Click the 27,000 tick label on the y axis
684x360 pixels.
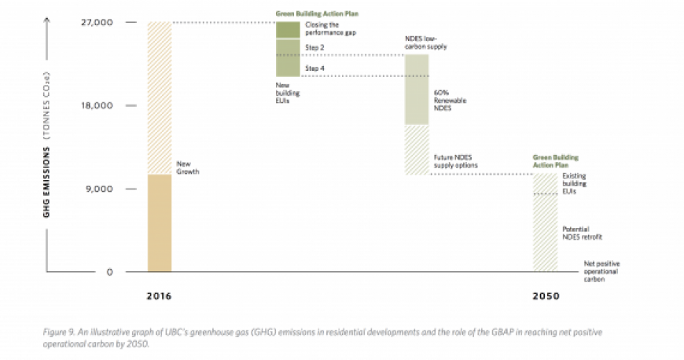click(98, 22)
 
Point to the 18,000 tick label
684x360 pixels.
click(98, 105)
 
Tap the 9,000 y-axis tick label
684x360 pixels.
click(101, 189)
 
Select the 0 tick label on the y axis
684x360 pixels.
click(109, 272)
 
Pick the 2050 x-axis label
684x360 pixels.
click(545, 297)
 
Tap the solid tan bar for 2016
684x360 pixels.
click(160, 223)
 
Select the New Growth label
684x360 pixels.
click(186, 167)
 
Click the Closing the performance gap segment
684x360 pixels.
click(288, 30)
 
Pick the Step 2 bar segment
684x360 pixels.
click(288, 47)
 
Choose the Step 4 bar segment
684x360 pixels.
click(288, 68)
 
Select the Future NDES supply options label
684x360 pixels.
click(456, 162)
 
